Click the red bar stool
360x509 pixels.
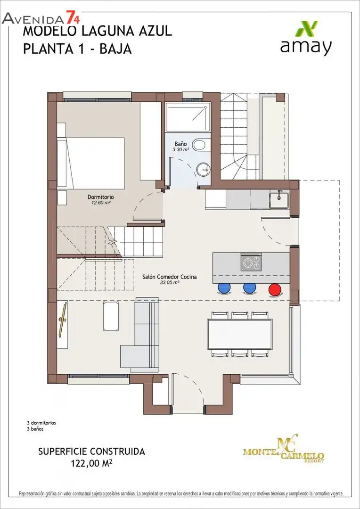275,289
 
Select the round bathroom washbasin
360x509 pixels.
203,168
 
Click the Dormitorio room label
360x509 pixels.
101,197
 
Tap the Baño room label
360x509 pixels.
181,143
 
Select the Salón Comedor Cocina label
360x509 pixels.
170,277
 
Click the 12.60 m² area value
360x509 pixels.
101,202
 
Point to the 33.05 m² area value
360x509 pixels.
170,282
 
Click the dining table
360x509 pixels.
240,334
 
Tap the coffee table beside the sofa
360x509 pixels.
111,316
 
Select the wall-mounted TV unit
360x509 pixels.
63,324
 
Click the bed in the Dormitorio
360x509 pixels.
91,163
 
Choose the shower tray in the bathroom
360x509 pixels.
188,117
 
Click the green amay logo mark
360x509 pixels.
306,29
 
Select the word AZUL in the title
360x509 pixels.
154,32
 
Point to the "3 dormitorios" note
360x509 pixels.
41,423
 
